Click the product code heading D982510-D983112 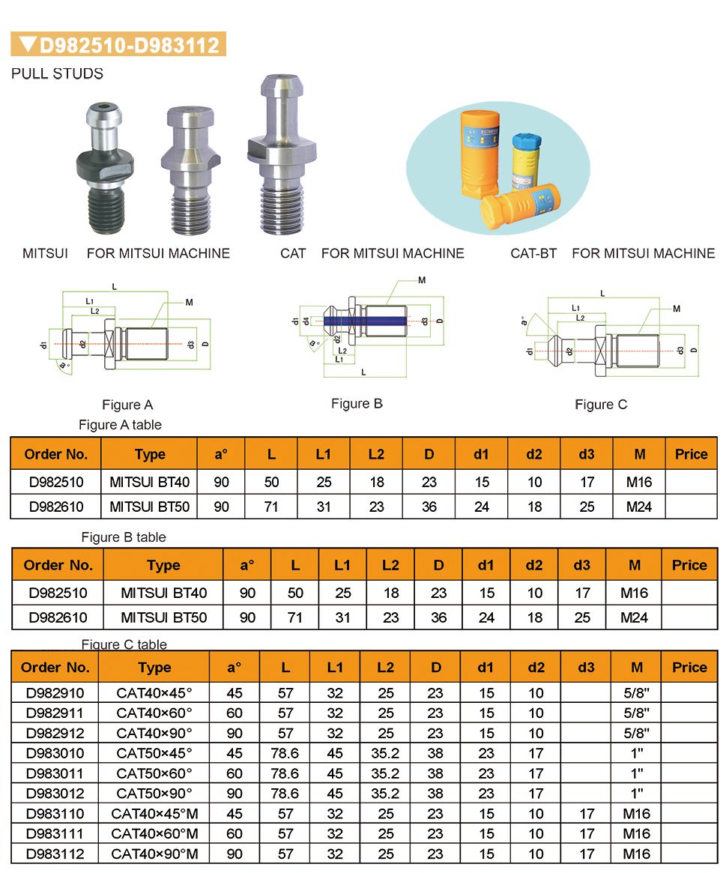click(129, 44)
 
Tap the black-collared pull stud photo click(105, 168)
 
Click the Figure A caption click(127, 405)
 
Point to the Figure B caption click(357, 404)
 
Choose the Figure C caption click(602, 405)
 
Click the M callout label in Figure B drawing click(422, 280)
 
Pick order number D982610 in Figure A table click(56, 507)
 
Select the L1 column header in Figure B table click(342, 565)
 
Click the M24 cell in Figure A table click(639, 507)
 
